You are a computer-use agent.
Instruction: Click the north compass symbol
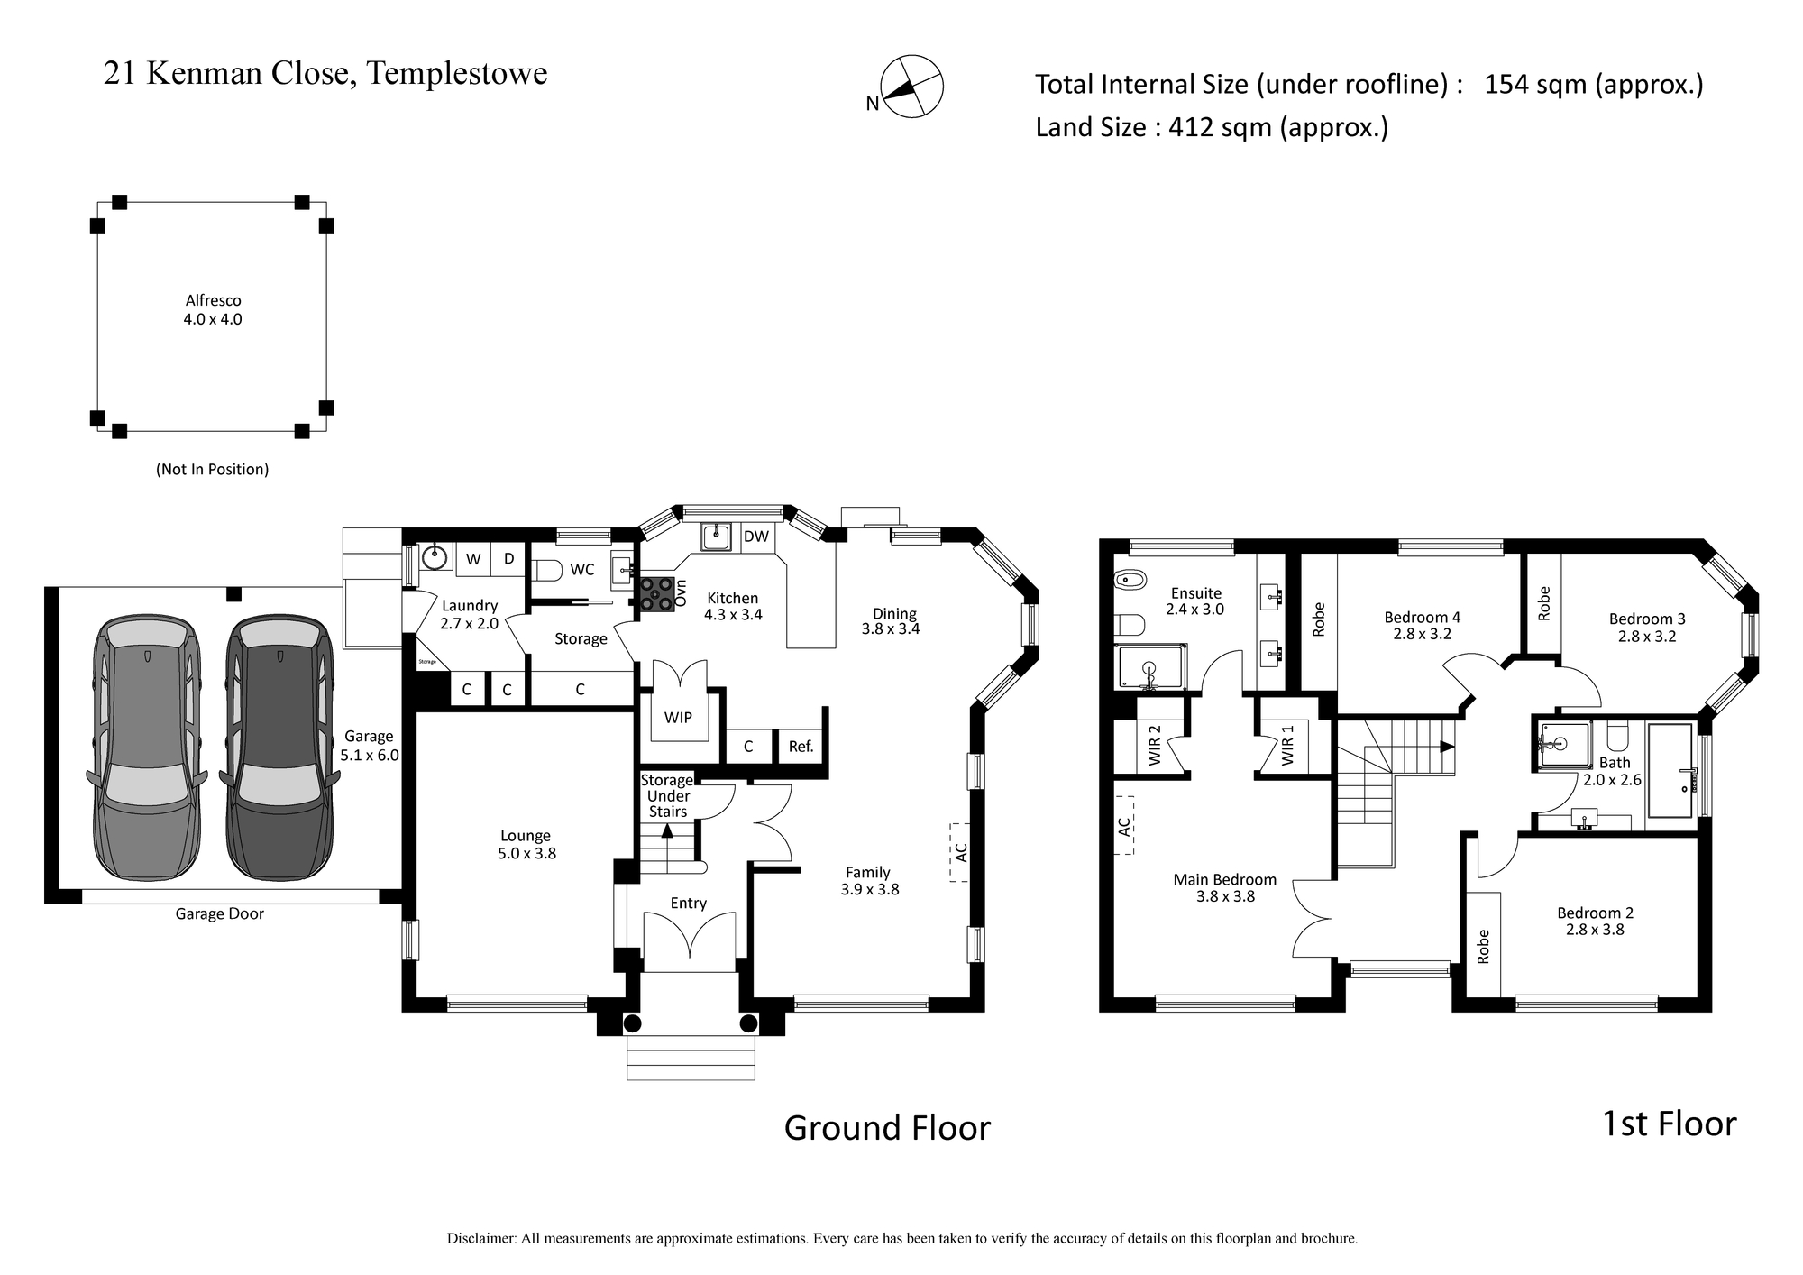(911, 87)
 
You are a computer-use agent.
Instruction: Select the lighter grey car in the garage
(147, 748)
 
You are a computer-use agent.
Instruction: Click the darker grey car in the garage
(279, 748)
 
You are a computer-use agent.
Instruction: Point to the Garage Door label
(220, 913)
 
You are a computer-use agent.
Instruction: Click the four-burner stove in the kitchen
(656, 594)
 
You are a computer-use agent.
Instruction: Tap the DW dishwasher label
(756, 537)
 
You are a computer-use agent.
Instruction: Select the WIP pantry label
(678, 717)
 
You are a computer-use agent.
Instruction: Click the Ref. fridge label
(801, 746)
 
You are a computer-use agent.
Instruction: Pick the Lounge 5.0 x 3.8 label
(526, 844)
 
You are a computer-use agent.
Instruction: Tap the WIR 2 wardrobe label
(1155, 746)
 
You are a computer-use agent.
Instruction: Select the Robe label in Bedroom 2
(1483, 946)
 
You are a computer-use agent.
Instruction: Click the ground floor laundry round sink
(435, 556)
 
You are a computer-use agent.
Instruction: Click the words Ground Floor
(887, 1128)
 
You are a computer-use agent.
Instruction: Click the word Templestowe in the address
(457, 73)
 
